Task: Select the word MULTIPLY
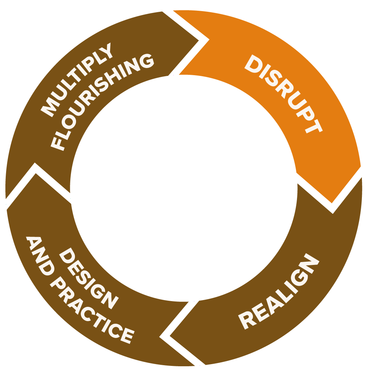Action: coord(77,80)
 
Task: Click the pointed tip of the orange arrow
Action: coord(332,208)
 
